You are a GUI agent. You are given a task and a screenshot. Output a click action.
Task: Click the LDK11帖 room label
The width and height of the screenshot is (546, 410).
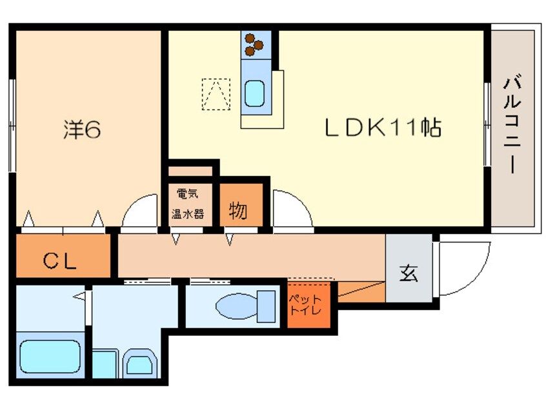(383, 128)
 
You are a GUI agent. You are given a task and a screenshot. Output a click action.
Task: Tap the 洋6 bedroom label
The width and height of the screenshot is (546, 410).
(82, 130)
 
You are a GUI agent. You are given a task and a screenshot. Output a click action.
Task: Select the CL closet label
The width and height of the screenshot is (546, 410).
(59, 261)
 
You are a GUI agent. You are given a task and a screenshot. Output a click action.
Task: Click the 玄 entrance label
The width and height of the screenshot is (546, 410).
(409, 273)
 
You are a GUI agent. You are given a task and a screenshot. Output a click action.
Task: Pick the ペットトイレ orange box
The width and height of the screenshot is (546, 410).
(308, 305)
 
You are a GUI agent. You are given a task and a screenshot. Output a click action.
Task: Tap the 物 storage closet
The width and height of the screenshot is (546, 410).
(241, 205)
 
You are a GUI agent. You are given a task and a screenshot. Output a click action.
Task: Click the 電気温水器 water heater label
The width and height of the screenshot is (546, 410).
(188, 204)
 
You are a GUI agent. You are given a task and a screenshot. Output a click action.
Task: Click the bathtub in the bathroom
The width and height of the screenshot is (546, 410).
(50, 356)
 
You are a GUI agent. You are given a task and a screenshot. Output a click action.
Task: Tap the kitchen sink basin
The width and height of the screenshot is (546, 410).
(254, 93)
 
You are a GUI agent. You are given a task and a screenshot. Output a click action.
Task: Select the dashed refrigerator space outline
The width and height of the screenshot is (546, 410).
(216, 94)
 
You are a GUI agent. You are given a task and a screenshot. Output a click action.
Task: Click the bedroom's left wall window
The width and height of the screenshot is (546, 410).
(12, 126)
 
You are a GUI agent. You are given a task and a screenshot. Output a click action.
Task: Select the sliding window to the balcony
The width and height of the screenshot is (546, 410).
(487, 124)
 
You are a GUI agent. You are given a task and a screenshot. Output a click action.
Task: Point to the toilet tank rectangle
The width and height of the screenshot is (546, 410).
(267, 306)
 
